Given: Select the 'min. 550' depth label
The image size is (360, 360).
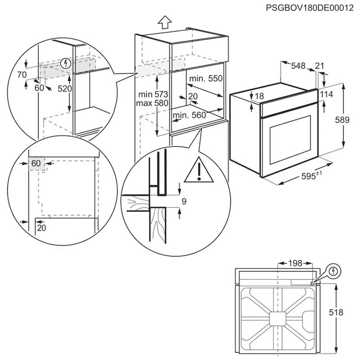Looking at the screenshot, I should click(206, 79).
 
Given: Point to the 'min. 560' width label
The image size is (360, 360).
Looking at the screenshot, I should click(189, 115).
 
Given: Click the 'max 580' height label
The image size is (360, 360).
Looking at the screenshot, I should click(153, 103).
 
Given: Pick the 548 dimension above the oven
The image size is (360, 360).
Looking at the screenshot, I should click(298, 66).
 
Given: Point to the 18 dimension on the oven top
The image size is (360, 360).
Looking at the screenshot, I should click(260, 97).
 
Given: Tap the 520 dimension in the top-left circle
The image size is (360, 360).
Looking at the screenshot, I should click(65, 89).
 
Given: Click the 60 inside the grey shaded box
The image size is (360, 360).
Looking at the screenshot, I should click(36, 162).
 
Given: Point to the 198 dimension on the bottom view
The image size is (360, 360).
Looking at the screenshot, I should click(295, 263).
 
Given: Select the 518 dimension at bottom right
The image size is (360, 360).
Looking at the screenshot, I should click(345, 312).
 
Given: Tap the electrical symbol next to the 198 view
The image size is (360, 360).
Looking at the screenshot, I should click(333, 271).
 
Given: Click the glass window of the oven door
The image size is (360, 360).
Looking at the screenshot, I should click(287, 139).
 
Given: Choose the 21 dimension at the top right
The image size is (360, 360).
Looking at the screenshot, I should click(319, 66).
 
